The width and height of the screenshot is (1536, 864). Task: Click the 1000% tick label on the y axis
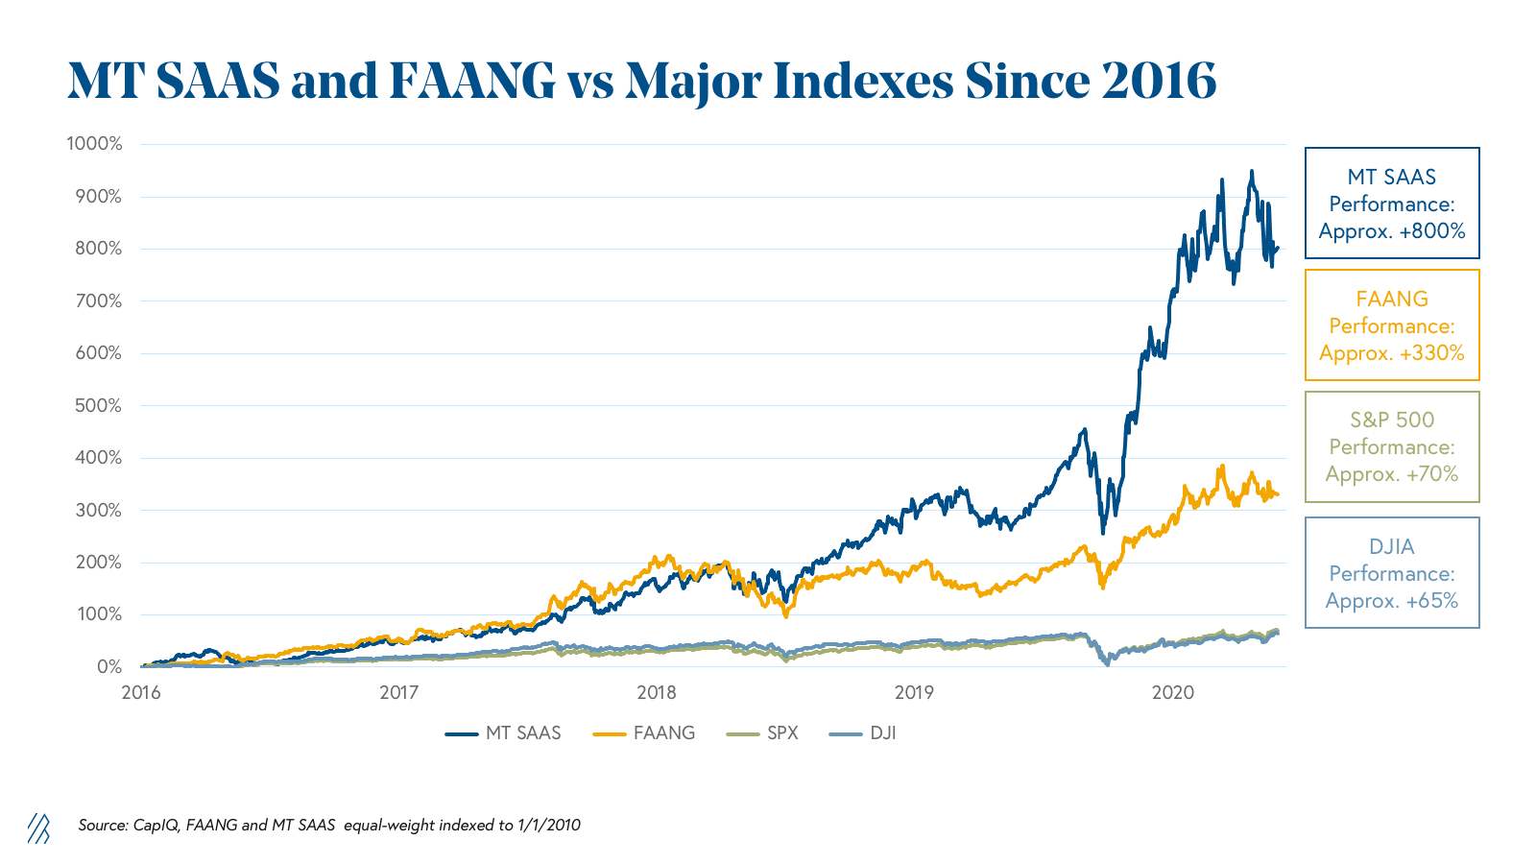pyautogui.click(x=94, y=144)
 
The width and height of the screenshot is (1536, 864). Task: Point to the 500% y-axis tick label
pyautogui.click(x=98, y=405)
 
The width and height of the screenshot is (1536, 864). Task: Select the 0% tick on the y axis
pyautogui.click(x=108, y=666)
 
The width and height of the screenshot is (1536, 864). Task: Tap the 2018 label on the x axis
pyautogui.click(x=657, y=692)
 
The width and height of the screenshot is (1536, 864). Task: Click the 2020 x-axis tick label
pyautogui.click(x=1172, y=692)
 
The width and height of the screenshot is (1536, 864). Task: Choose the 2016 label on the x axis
pyautogui.click(x=141, y=692)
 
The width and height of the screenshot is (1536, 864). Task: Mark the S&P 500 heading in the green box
pyautogui.click(x=1392, y=420)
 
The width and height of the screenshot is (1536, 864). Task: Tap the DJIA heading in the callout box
pyautogui.click(x=1392, y=546)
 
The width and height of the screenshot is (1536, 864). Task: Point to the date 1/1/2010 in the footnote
pyautogui.click(x=548, y=825)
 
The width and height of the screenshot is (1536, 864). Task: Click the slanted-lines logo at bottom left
pyautogui.click(x=38, y=828)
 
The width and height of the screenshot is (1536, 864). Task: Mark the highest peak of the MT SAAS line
pyautogui.click(x=1251, y=172)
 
